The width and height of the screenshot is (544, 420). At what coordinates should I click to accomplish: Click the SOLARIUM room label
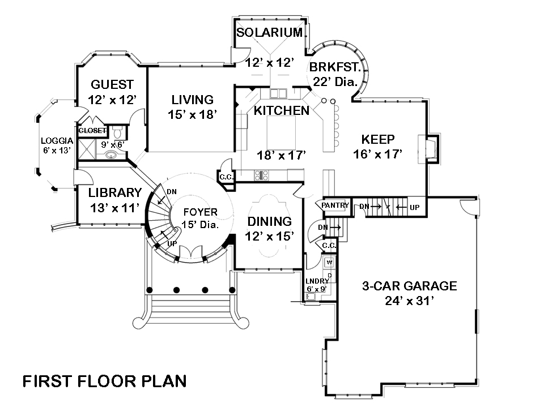tap(269, 32)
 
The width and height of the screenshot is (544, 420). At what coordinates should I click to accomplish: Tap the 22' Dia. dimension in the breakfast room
tap(334, 82)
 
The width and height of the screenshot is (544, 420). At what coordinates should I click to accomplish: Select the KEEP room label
tap(378, 139)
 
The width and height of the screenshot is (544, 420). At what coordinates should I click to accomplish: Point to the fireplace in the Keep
tap(431, 148)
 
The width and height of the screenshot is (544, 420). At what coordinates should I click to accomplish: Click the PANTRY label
tap(335, 205)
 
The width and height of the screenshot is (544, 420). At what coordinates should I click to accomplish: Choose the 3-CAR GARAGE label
tap(410, 286)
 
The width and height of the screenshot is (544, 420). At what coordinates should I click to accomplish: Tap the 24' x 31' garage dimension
tap(410, 301)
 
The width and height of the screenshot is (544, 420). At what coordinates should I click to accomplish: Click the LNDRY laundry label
tap(317, 281)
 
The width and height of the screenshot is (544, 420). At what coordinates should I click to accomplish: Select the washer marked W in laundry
tap(329, 263)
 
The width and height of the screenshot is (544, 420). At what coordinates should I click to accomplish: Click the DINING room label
tap(270, 221)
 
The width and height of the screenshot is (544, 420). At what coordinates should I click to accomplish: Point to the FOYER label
tap(199, 212)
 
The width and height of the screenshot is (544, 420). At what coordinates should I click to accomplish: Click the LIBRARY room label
tap(115, 192)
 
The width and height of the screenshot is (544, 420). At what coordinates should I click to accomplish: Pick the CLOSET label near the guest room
tap(92, 131)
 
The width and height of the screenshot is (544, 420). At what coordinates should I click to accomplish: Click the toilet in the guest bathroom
tap(118, 132)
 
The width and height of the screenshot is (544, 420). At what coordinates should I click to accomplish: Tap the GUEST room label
tap(112, 85)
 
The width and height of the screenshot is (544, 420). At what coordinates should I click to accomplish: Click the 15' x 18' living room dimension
tap(193, 114)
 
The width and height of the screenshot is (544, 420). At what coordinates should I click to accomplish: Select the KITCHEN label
tap(282, 110)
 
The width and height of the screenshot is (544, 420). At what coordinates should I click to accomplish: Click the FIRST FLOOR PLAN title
tap(104, 381)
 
